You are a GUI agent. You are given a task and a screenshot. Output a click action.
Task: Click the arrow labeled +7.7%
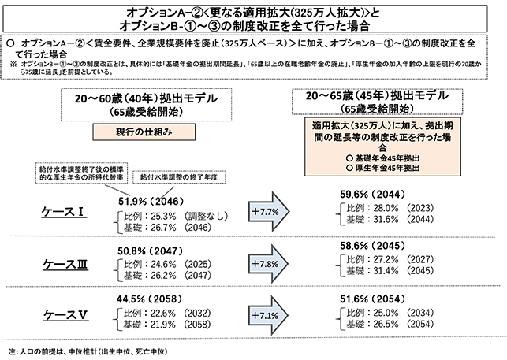tap(269, 212)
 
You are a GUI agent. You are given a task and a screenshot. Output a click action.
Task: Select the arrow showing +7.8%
tap(268, 264)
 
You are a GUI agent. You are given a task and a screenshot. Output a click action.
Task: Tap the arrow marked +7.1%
tap(268, 315)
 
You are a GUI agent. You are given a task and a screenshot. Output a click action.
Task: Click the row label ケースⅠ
tap(64, 212)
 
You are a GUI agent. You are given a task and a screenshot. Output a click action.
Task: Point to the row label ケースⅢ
tap(65, 264)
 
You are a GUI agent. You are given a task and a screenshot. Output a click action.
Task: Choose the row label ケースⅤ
tap(65, 315)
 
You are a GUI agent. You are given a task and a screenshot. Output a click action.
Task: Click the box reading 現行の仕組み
tap(144, 132)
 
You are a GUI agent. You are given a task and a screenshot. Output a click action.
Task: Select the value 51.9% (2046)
tap(151, 202)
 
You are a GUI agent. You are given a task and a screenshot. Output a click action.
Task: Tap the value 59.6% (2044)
tap(372, 195)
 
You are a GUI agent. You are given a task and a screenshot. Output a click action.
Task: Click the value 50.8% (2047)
tap(150, 251)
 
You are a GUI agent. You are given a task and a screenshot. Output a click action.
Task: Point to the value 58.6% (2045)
tap(372, 246)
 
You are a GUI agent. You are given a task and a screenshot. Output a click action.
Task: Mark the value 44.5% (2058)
tap(149, 299)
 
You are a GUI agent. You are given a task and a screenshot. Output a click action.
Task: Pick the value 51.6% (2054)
tap(372, 299)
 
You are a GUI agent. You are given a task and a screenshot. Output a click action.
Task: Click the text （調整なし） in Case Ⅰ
tap(206, 216)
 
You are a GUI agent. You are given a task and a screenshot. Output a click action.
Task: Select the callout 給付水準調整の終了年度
tap(179, 177)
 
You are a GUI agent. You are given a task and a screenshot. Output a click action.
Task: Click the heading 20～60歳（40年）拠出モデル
tap(146, 98)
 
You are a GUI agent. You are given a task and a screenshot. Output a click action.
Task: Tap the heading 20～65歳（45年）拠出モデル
tap(377, 95)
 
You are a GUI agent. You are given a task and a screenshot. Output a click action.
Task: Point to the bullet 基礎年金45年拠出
tap(383, 158)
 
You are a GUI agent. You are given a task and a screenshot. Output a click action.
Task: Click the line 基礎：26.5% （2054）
tap(390, 324)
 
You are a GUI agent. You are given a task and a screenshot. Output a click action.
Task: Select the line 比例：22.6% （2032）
tap(167, 314)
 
